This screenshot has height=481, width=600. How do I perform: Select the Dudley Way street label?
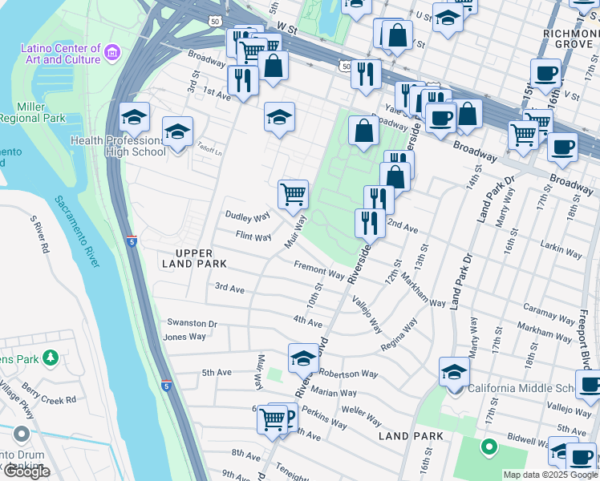[247, 216]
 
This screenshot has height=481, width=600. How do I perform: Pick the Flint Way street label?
[253, 236]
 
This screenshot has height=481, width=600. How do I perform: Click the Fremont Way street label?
[318, 271]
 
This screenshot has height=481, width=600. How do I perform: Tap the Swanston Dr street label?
[192, 323]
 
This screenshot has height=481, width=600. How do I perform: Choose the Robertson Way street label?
[348, 374]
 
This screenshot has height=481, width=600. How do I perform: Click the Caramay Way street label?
[547, 309]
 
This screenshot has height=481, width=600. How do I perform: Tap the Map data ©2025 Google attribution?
[545, 474]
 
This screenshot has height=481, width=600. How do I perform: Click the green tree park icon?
[51, 355]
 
